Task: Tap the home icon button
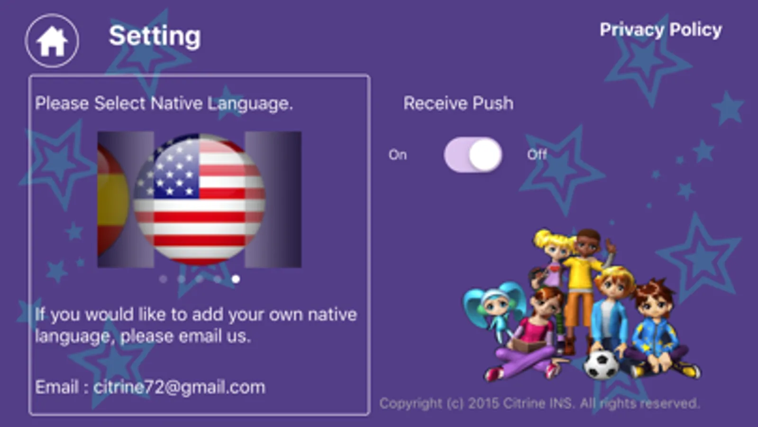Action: coord(52,41)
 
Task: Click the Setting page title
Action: coord(155,36)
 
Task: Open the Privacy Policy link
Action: coord(660,30)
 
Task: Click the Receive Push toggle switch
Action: coord(473,155)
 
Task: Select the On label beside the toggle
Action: coord(398,155)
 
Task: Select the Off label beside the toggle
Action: coord(537,155)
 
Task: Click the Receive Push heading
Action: coord(458,103)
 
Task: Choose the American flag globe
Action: coord(199,199)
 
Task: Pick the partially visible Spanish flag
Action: coord(113,200)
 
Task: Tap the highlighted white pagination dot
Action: coord(236,279)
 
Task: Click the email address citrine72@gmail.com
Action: coord(179,387)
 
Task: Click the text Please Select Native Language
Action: coord(164,103)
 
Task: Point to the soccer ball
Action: coord(601,364)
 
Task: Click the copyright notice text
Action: coord(540,403)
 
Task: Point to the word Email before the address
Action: coord(57,387)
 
